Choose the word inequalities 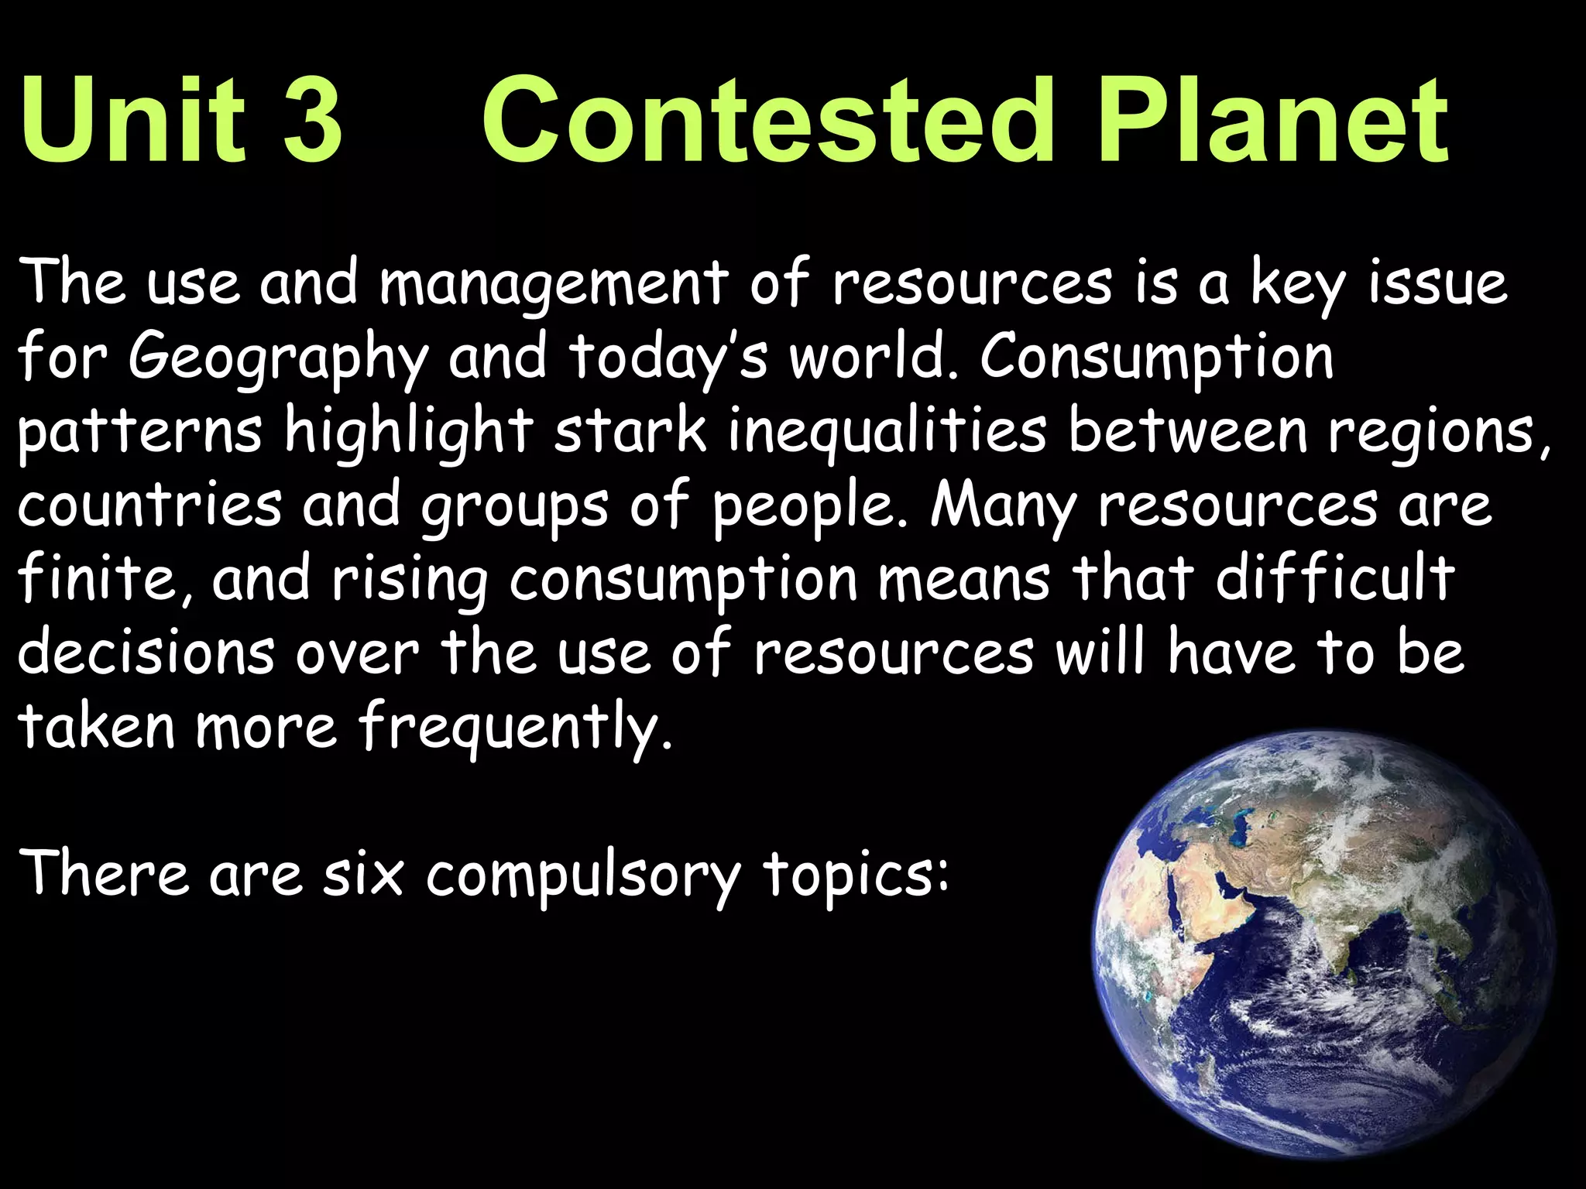pos(887,430)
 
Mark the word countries pos(149,505)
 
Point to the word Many pos(1004,505)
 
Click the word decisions pos(146,652)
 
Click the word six pos(363,875)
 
